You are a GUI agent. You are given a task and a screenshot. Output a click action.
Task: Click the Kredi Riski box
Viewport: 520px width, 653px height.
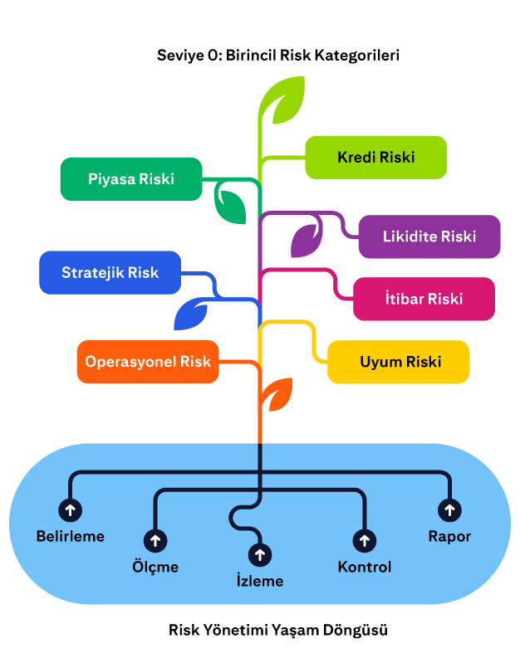[375, 157]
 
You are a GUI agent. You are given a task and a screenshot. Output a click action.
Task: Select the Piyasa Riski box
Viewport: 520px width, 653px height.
[131, 178]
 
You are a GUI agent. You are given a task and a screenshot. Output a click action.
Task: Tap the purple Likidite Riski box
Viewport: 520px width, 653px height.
[429, 236]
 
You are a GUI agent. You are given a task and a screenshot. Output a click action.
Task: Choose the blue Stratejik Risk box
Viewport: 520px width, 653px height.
[110, 272]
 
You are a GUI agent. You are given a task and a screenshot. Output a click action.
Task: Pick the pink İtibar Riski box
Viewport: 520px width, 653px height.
[424, 299]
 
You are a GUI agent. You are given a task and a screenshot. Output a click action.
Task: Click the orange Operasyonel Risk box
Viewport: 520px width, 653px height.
[148, 362]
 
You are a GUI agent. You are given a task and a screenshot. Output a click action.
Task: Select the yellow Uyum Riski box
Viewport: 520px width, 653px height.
[398, 362]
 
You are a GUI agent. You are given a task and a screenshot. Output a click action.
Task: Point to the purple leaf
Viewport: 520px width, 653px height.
[305, 239]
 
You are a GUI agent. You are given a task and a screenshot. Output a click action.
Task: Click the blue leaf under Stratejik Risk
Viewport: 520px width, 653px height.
[190, 314]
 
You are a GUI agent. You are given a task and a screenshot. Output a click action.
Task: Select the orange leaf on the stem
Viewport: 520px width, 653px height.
[277, 393]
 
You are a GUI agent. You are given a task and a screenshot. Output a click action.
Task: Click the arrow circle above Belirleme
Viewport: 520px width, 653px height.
[70, 509]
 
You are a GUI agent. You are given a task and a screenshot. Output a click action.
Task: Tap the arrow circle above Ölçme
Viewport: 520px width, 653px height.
[155, 541]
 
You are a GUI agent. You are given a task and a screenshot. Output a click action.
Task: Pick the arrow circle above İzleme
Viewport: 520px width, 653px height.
[260, 554]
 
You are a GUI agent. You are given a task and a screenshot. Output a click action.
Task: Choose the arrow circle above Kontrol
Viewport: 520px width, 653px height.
[364, 541]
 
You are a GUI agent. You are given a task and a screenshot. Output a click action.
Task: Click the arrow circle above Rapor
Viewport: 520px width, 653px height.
[449, 509]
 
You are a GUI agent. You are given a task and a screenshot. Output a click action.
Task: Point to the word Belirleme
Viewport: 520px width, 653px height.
[71, 536]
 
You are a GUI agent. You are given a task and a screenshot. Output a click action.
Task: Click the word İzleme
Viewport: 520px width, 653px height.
[260, 581]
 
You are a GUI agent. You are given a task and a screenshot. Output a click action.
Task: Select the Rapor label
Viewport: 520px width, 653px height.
[449, 536]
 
